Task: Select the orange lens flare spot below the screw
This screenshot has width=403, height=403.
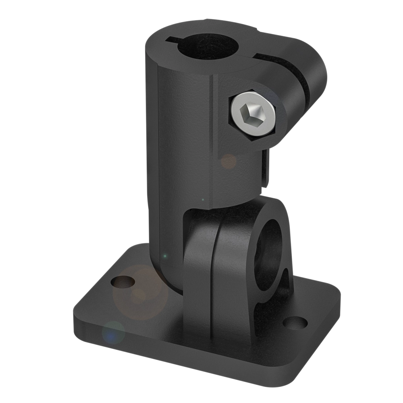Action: [229, 161]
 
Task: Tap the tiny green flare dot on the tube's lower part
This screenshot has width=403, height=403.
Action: [164, 256]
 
